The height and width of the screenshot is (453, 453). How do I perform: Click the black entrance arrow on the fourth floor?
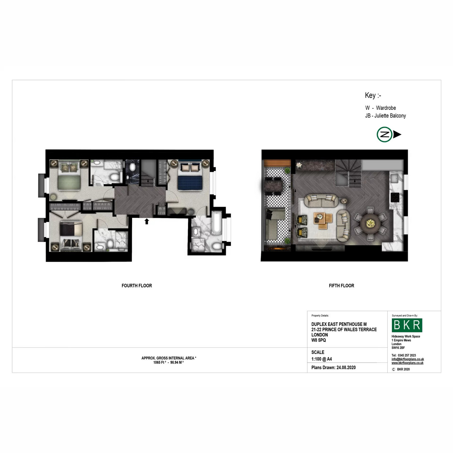tap(147, 221)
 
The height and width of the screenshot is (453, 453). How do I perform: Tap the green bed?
tap(69, 176)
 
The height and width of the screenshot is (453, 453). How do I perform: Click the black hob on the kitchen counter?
tap(395, 197)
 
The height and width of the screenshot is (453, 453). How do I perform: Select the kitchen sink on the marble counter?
tap(394, 179)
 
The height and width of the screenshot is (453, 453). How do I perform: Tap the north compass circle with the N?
tap(384, 134)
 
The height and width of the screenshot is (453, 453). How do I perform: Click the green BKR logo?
tap(407, 325)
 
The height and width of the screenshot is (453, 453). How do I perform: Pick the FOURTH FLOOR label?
tap(137, 286)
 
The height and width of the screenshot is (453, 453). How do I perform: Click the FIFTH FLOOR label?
tap(341, 286)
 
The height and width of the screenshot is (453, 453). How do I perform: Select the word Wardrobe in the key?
tap(386, 108)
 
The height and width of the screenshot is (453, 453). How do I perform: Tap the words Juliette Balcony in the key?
tap(390, 116)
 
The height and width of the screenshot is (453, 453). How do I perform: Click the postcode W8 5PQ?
tap(319, 340)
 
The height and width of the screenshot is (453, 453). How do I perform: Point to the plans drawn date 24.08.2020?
tap(346, 367)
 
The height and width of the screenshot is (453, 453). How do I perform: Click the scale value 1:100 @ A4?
tap(322, 359)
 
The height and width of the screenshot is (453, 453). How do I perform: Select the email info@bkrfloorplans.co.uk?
tap(408, 359)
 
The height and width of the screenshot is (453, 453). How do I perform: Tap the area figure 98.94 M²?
tap(177, 362)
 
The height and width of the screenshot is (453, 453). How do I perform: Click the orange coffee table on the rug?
tap(323, 221)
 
